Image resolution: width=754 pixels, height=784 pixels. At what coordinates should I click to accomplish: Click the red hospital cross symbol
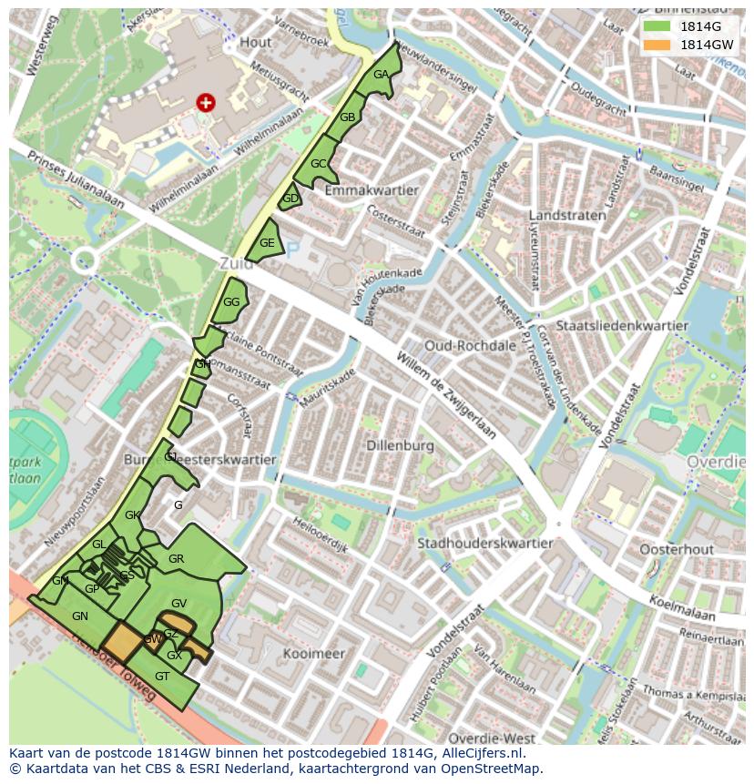point(206,103)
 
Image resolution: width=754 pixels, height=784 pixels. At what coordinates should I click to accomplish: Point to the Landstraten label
point(567,216)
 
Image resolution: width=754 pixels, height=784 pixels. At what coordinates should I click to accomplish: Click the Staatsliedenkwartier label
point(621,325)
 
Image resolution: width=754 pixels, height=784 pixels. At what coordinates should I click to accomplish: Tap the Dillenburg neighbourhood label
point(401,445)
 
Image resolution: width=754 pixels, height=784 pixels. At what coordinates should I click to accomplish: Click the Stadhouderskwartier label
point(484,544)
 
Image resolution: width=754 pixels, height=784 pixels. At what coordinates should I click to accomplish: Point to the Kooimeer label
point(313,654)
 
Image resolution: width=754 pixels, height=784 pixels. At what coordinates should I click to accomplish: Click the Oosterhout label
point(676,549)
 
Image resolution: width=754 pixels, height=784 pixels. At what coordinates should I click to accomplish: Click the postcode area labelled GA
point(381,76)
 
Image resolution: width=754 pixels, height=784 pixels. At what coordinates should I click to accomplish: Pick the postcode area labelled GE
point(267,243)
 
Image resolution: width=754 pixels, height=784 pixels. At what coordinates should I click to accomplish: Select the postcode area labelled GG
point(231,302)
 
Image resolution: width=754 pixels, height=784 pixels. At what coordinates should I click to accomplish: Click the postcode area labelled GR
point(177,559)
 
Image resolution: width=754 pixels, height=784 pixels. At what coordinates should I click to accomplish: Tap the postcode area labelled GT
point(162,677)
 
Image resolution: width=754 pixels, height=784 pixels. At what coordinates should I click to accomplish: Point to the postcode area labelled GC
point(318,164)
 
